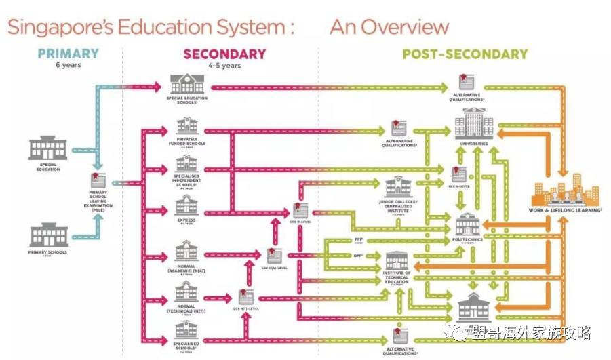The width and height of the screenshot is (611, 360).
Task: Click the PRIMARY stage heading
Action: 68,54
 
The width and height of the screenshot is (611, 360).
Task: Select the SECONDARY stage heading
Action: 224,54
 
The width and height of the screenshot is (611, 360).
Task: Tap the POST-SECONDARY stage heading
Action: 465,54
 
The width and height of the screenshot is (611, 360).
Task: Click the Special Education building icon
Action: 48,148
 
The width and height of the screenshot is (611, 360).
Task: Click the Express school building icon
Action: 186,204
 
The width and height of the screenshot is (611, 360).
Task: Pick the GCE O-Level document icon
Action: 300,210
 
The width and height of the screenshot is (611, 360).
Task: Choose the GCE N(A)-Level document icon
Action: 275,256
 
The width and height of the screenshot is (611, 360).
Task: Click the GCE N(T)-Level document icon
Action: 246,296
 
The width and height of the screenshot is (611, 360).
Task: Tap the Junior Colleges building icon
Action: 398,187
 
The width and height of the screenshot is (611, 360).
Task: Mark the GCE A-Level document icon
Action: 459,174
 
